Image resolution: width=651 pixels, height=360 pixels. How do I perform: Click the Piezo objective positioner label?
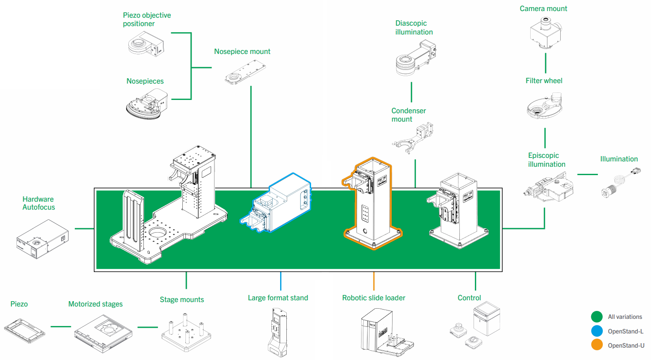146,19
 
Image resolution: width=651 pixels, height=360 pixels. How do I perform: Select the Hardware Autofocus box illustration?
42,239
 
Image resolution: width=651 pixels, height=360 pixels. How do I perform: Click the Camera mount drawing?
546,32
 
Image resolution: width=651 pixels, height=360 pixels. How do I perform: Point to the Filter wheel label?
544,80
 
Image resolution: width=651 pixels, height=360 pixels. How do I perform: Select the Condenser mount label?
408,115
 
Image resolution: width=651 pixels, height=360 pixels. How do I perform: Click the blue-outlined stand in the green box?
277,203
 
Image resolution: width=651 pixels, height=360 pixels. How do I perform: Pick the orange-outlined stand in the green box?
372,203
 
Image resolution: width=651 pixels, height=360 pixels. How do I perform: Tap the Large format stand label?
277,298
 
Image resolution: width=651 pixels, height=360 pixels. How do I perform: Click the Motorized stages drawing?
103,333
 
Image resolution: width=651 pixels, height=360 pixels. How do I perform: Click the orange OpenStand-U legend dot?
597,345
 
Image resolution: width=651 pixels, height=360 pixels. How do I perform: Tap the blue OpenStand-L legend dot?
597,331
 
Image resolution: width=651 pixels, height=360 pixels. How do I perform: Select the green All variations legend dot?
597,317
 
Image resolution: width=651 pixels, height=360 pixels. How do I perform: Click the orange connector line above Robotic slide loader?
374,281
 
